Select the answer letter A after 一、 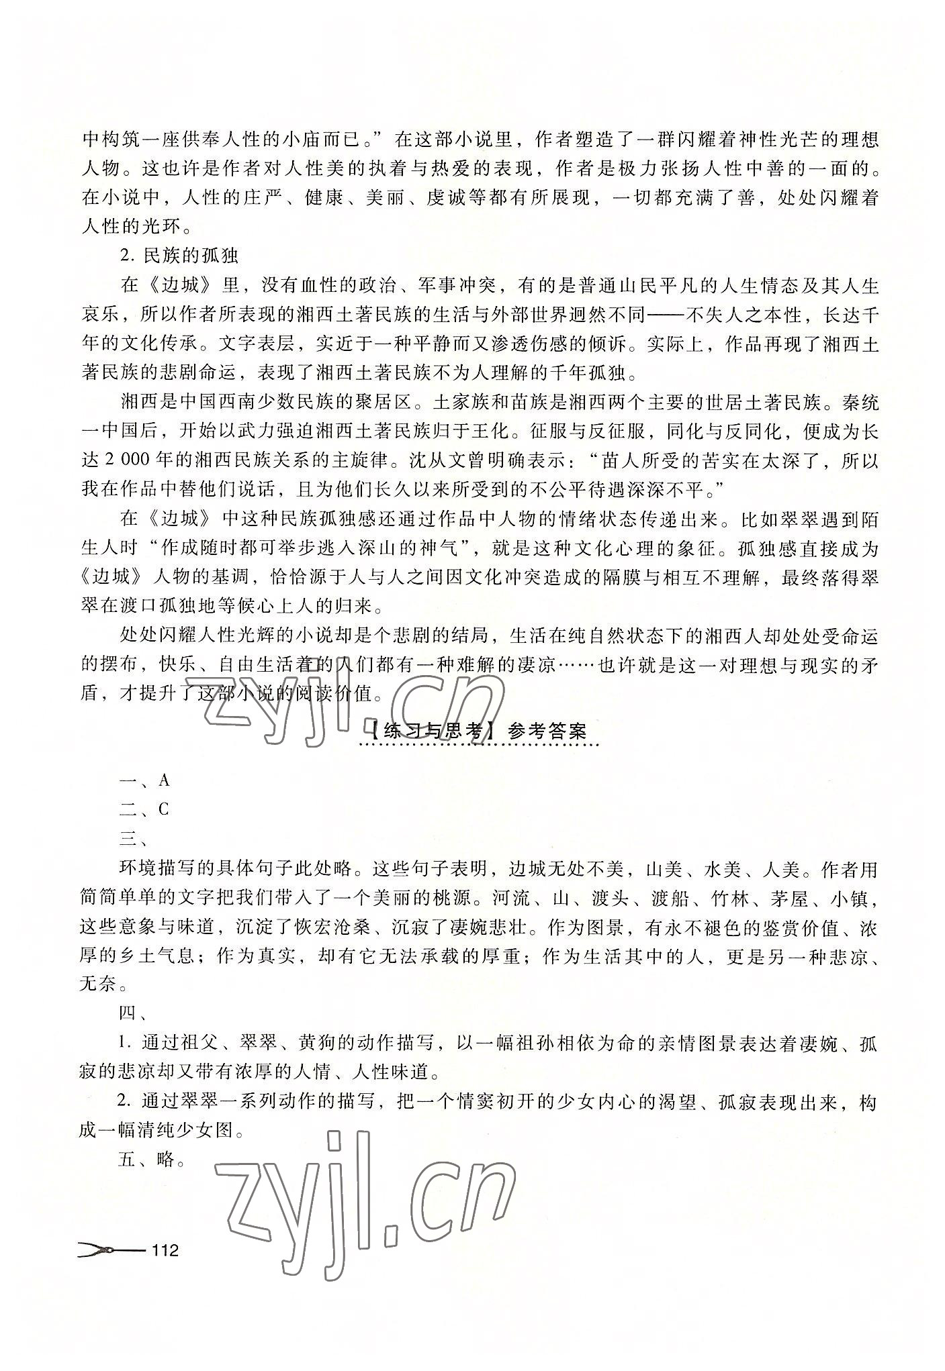(164, 780)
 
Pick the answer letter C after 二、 (164, 809)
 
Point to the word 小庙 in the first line (308, 140)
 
